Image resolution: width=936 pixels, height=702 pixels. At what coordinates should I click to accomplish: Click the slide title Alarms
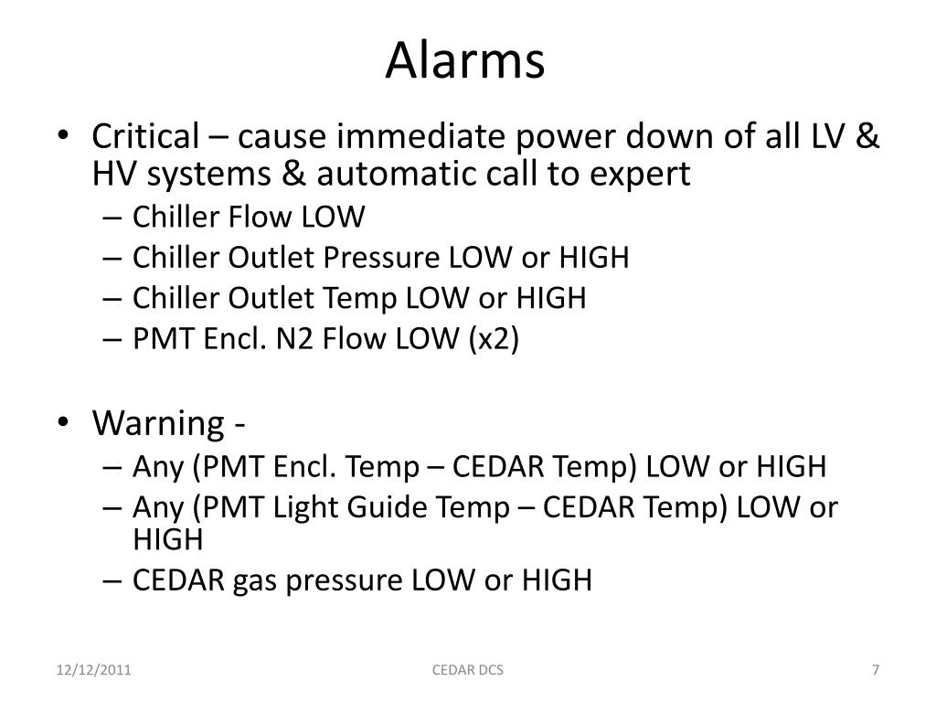[465, 61]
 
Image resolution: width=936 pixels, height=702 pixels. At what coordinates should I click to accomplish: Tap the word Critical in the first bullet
[144, 137]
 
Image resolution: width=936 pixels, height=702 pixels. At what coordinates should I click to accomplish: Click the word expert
[643, 174]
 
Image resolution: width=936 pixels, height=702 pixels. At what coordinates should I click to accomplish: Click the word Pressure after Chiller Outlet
[382, 258]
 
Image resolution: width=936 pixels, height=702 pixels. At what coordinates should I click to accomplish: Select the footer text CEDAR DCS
[467, 671]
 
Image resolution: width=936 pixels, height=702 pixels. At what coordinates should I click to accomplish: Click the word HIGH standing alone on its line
[167, 539]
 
